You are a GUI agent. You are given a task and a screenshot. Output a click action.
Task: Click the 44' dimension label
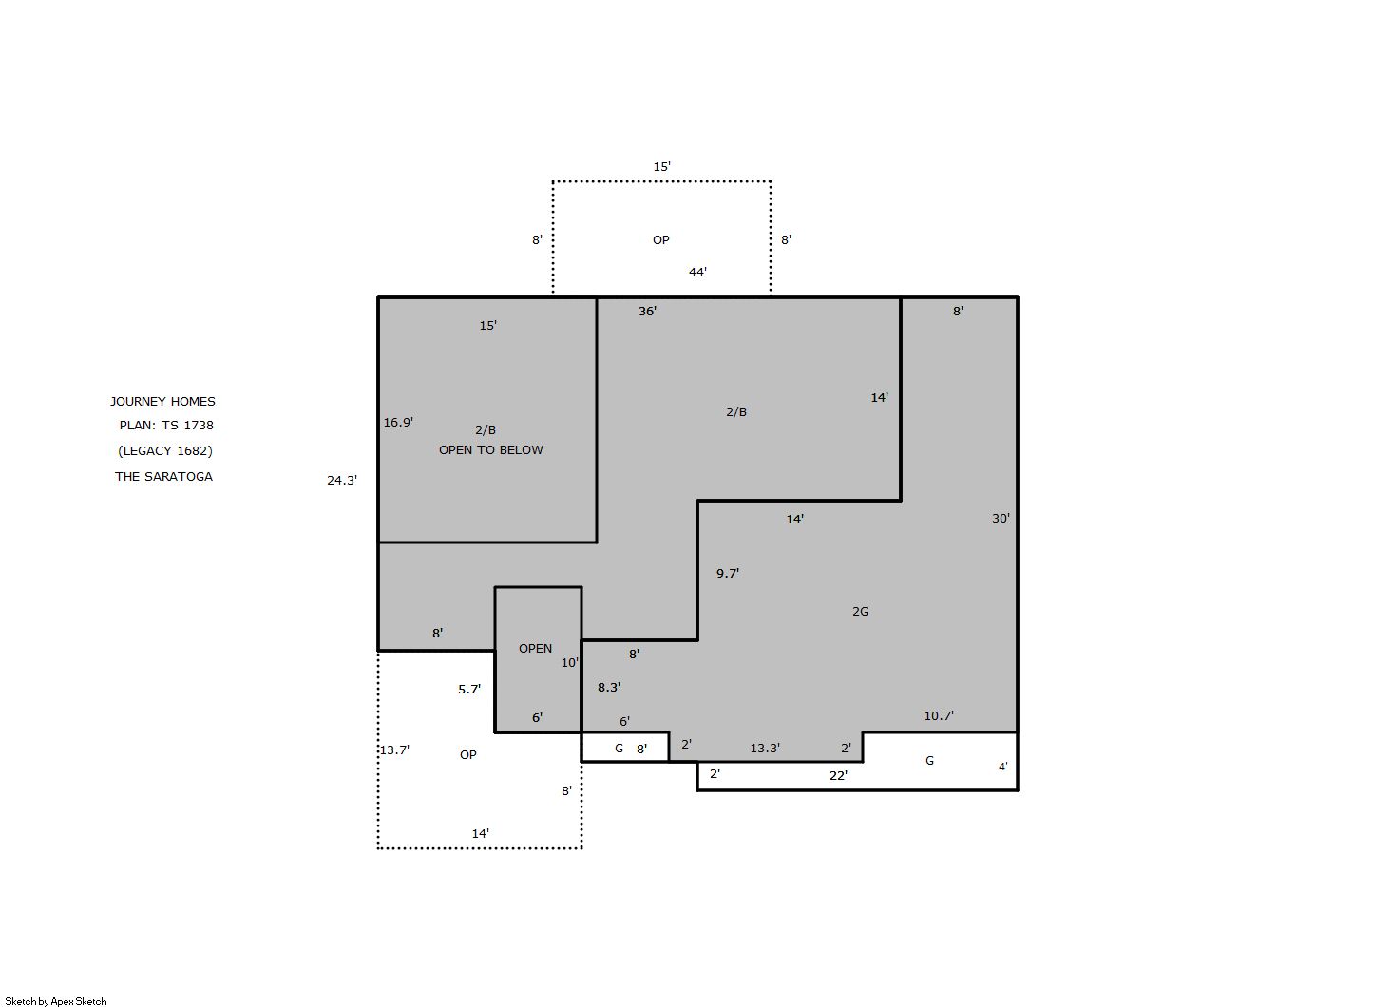697,272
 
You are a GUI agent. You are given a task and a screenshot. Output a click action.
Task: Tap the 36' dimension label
647,312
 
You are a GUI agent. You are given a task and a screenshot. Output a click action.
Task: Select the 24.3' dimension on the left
342,481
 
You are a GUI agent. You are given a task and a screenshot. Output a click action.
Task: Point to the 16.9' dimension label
398,423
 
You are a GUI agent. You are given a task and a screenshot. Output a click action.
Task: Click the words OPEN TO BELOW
491,450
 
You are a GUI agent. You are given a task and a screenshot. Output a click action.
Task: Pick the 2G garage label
861,611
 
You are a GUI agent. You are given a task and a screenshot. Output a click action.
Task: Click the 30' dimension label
1001,519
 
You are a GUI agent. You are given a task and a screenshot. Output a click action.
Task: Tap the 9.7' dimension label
728,574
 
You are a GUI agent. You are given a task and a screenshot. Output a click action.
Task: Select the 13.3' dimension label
765,749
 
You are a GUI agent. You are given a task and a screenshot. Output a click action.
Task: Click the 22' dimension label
838,776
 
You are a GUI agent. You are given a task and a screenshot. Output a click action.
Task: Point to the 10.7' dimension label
939,716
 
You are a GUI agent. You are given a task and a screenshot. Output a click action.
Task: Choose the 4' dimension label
1002,767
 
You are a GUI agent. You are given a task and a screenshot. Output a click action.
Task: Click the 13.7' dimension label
394,750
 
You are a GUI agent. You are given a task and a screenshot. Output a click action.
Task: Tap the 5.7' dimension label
469,690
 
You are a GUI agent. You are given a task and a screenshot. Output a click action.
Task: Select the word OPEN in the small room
535,649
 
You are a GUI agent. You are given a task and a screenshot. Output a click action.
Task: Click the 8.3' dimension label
609,688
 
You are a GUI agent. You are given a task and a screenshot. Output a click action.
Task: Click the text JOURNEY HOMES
163,402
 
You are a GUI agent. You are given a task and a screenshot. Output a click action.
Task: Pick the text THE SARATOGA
163,477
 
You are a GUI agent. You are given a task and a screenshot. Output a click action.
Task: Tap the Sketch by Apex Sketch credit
56,1001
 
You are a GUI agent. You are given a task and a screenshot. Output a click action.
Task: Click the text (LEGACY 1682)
165,451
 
